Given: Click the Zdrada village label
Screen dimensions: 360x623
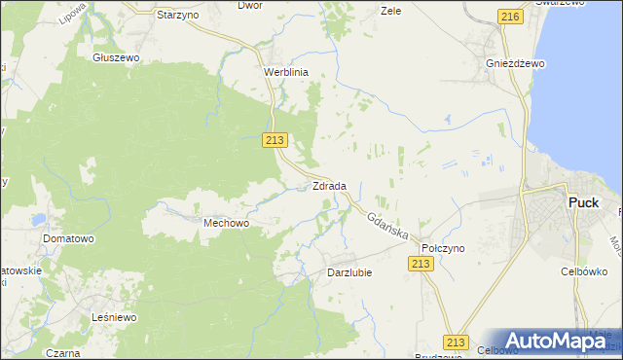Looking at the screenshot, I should point(329,186).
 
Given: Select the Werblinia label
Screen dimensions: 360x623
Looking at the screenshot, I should point(286,72).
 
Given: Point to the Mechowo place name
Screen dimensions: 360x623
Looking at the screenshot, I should point(227,223).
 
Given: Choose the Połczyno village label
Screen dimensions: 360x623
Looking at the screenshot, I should point(442,248).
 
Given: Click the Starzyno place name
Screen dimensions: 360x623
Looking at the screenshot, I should point(178,16).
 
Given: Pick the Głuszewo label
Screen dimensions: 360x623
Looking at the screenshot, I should point(117,57).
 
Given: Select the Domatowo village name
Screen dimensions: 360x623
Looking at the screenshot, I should point(67,238).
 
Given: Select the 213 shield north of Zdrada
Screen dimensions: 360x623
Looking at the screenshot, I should point(274,140).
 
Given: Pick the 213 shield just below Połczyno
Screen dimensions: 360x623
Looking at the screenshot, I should point(421,264).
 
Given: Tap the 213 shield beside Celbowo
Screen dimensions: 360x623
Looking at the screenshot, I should point(455,342).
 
